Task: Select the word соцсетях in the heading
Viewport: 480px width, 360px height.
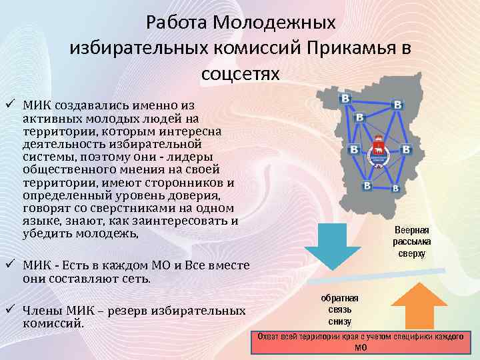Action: click(240, 73)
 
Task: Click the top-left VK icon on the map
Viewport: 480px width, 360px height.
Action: click(345, 99)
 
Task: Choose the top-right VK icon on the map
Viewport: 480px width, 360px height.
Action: click(398, 105)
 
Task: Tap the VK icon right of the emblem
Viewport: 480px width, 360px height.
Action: click(405, 148)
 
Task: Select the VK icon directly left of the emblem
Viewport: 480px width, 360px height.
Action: click(354, 148)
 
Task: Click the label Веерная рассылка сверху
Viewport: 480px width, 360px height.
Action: click(411, 241)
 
